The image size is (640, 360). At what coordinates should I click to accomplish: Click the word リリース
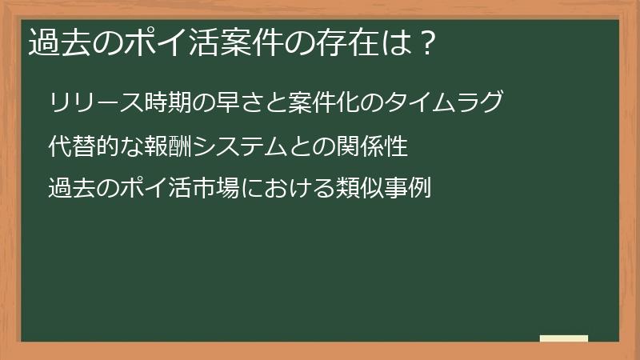97,103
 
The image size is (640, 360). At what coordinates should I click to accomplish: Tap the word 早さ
242,103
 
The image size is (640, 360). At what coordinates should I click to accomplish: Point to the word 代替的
85,146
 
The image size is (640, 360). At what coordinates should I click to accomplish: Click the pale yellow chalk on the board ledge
564,338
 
